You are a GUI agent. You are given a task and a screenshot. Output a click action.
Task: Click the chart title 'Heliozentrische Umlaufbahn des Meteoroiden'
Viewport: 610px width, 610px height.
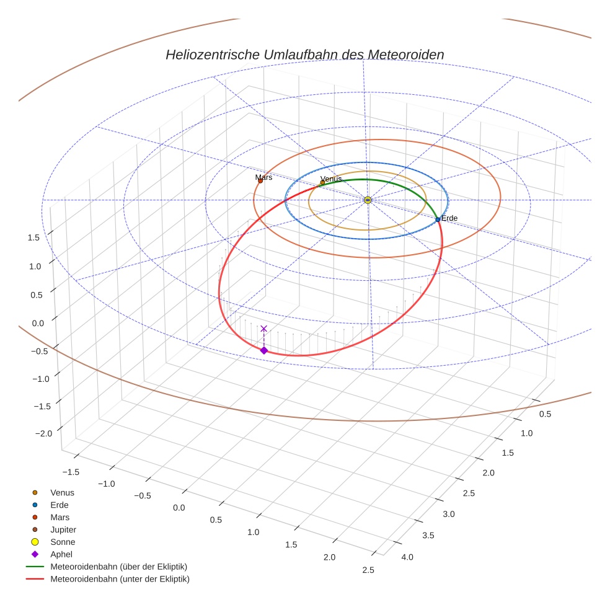pyautogui.click(x=304, y=55)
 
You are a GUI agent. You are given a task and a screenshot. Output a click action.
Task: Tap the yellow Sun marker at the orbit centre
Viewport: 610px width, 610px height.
pyautogui.click(x=368, y=200)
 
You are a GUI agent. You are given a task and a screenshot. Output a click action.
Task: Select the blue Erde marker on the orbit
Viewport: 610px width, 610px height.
pyautogui.click(x=438, y=219)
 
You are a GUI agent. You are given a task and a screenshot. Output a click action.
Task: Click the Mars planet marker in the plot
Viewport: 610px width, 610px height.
pyautogui.click(x=260, y=181)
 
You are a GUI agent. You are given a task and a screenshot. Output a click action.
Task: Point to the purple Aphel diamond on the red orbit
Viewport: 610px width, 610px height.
pyautogui.click(x=264, y=351)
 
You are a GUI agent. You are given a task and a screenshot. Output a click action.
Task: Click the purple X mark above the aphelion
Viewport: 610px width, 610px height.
pyautogui.click(x=264, y=329)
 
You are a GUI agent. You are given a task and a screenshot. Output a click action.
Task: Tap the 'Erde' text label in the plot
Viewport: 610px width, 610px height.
pyautogui.click(x=449, y=218)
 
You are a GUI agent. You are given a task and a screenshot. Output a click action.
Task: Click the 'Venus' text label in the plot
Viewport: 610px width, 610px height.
pyautogui.click(x=330, y=179)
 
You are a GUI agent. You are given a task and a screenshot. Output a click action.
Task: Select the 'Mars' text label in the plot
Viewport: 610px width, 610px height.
pyautogui.click(x=263, y=177)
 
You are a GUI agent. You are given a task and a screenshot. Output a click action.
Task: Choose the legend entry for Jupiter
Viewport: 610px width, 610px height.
pyautogui.click(x=63, y=529)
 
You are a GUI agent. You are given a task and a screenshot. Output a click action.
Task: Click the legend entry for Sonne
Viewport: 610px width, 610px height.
pyautogui.click(x=63, y=542)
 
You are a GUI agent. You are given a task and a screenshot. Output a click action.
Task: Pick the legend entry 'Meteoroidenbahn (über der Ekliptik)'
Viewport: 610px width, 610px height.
pyautogui.click(x=118, y=567)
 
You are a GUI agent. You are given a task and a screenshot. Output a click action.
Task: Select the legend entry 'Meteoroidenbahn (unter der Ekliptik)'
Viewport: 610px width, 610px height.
pyautogui.click(x=120, y=579)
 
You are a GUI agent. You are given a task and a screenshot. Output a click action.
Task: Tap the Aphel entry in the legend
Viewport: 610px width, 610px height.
pyautogui.click(x=61, y=554)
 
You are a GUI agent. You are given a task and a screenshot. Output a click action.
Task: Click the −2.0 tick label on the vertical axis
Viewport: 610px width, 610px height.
pyautogui.click(x=46, y=434)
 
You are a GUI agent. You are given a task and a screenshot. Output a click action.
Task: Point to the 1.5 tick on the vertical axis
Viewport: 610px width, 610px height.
pyautogui.click(x=34, y=237)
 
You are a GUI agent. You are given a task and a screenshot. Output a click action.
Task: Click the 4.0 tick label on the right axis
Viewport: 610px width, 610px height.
pyautogui.click(x=407, y=557)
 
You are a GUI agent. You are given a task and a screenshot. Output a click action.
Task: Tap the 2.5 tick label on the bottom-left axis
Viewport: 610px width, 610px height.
pyautogui.click(x=368, y=570)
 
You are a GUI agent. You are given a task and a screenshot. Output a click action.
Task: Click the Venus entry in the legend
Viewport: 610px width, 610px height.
pyautogui.click(x=62, y=492)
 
